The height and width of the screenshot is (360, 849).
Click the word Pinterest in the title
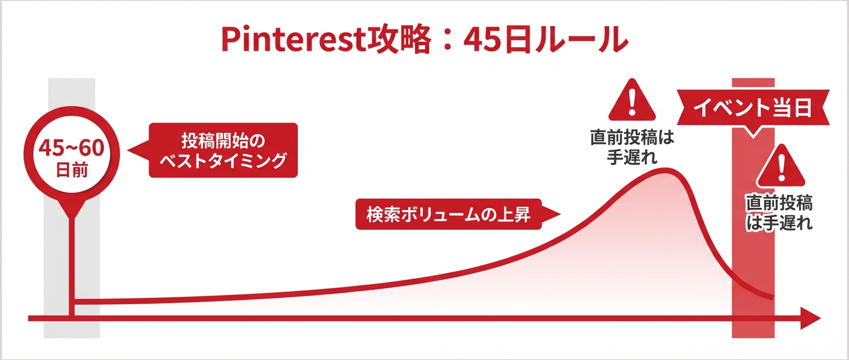point(293,39)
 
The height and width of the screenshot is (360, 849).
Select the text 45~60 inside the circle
point(71,148)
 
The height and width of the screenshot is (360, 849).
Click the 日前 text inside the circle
point(72,171)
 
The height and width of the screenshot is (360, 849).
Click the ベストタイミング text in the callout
point(223,160)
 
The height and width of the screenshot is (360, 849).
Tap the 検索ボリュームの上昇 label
point(449,215)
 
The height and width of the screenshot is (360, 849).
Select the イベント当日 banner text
point(753,108)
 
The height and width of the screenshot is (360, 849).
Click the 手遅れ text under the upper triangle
point(632,157)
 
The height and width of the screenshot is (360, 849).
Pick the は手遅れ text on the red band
point(780,223)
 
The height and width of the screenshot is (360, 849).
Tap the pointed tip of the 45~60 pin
point(71,217)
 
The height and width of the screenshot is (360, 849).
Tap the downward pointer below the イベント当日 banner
point(753,132)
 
